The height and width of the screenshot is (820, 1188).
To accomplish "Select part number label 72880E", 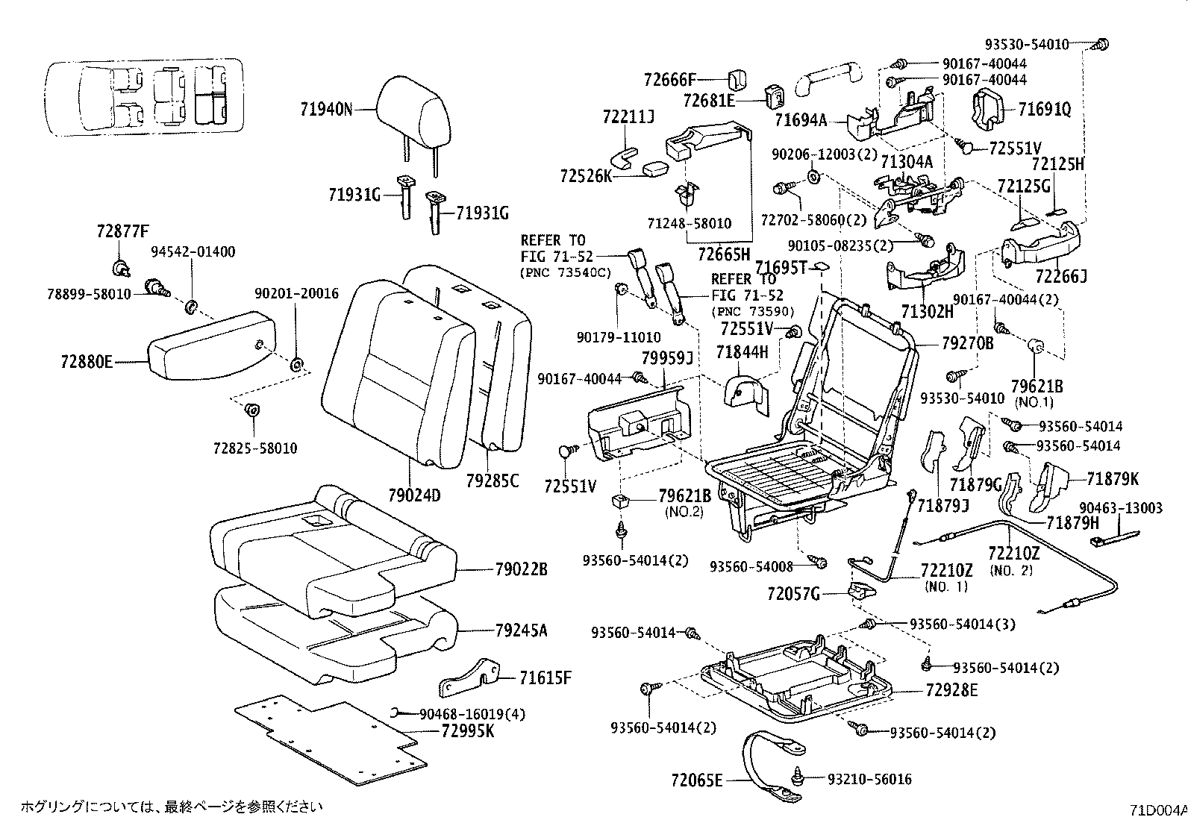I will (87, 363).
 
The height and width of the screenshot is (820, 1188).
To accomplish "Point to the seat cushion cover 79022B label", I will (520, 570).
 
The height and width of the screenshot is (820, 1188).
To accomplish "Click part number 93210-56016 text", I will (869, 780).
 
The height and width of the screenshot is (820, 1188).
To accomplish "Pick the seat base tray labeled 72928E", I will (798, 679).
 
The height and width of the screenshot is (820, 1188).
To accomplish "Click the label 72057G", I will (793, 595).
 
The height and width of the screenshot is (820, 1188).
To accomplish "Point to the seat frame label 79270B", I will (967, 344).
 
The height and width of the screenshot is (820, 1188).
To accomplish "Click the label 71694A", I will (801, 119).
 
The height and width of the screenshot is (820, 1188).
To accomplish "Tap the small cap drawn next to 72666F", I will (737, 78).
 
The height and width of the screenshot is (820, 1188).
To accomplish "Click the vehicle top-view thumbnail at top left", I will (142, 97).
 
